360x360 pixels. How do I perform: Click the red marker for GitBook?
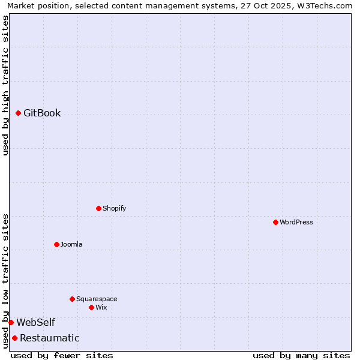19,113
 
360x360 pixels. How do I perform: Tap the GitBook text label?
42,113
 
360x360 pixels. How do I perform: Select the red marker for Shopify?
99,208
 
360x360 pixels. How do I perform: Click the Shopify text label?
114,208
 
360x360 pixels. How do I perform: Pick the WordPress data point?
275,222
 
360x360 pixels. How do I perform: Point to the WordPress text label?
296,222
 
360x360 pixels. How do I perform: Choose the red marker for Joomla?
57,244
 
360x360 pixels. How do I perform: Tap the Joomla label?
71,244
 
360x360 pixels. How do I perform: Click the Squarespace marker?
73,299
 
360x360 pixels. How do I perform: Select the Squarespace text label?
97,299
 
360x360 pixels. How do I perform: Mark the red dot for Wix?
92,307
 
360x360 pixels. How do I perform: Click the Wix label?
101,307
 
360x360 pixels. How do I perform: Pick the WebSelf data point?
11,322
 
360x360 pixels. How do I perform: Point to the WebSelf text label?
36,323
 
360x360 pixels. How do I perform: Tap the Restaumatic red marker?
15,338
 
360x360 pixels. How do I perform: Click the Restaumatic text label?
50,338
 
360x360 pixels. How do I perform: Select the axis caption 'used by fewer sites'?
62,355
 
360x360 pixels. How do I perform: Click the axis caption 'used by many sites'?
301,355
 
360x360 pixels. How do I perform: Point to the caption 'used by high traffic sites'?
6,85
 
